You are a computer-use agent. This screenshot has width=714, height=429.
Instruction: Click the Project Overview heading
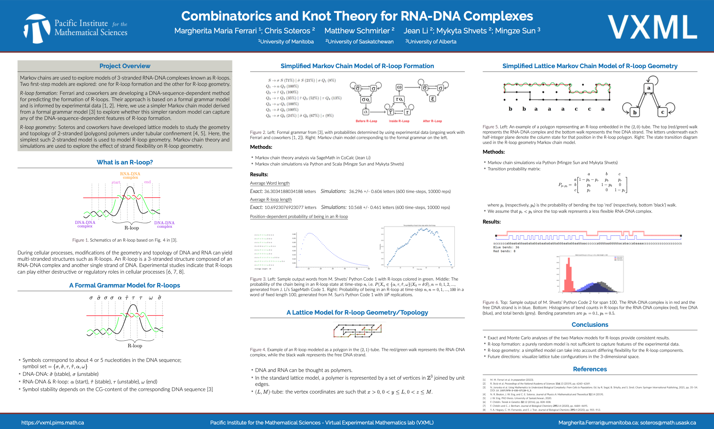click(x=125, y=66)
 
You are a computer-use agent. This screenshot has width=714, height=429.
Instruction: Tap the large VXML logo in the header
click(x=652, y=27)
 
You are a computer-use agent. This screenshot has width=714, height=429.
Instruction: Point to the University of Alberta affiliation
click(x=431, y=42)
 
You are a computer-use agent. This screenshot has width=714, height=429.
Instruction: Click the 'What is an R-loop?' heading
click(x=125, y=162)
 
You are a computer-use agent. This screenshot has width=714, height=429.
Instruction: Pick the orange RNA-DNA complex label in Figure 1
click(x=130, y=176)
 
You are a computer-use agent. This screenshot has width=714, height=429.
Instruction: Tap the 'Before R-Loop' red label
click(x=366, y=121)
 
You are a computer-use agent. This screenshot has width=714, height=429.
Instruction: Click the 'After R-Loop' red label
click(x=432, y=121)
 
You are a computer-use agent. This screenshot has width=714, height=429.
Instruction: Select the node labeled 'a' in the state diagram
click(x=648, y=88)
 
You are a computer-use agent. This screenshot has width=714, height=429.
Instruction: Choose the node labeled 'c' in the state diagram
click(x=663, y=112)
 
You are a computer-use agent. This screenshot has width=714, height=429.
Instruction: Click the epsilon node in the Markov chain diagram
click(x=433, y=99)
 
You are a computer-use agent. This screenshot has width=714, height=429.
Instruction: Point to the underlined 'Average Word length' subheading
click(x=270, y=183)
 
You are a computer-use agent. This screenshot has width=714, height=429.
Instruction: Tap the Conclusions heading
click(x=590, y=325)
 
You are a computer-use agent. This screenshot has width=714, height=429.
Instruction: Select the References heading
click(x=590, y=369)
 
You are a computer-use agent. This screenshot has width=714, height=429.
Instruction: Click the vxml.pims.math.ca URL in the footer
click(x=52, y=423)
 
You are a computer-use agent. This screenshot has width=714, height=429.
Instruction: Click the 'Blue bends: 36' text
click(x=506, y=248)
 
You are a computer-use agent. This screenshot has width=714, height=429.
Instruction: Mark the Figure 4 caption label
click(x=258, y=350)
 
